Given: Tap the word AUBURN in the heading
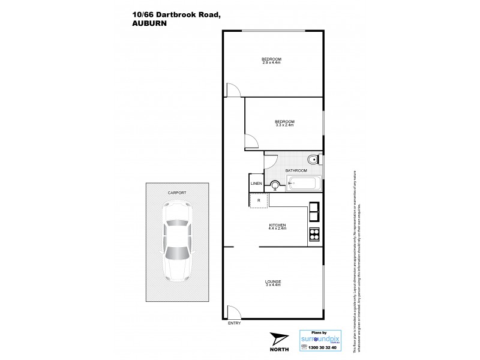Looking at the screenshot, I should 145,25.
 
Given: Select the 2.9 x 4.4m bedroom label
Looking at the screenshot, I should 272,60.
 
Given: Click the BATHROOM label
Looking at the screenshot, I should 296,170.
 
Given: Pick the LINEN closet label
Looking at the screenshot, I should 256,184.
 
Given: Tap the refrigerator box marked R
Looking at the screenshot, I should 259,200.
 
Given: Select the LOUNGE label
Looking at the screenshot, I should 273,283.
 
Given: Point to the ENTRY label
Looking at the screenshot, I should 235,323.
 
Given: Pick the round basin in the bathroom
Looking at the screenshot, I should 275,185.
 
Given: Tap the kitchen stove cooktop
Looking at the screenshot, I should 314,235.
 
